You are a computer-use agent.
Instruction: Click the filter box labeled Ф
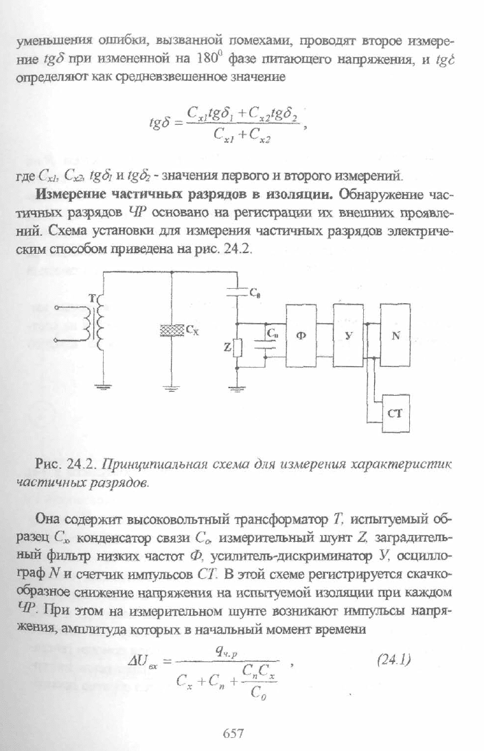point(301,335)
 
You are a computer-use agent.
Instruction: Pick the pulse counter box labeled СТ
point(395,413)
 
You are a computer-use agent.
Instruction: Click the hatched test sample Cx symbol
point(172,329)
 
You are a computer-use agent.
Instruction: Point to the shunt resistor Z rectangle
point(238,347)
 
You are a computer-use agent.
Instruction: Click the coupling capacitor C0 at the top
point(238,291)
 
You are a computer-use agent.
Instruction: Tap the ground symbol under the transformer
point(102,385)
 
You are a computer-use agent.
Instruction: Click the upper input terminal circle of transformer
point(56,309)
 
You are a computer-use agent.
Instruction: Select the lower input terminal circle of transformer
point(56,340)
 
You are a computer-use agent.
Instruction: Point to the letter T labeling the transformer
point(93,298)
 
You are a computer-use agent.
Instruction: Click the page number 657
point(234,732)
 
